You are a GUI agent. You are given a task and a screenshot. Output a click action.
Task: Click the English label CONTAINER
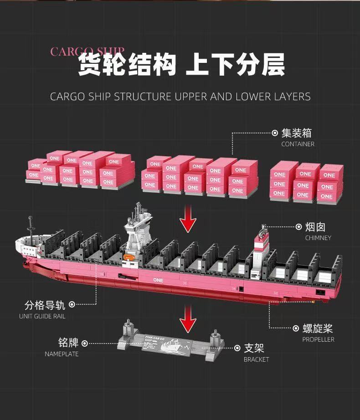(298, 144)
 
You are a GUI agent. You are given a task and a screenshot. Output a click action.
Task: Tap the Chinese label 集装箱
(297, 133)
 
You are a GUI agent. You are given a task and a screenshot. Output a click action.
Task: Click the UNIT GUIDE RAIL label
(42, 316)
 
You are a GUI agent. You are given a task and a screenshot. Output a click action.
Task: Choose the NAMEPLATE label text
(62, 354)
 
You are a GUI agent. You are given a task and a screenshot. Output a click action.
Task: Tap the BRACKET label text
(256, 359)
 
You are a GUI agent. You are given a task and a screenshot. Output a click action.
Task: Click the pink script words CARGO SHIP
(87, 51)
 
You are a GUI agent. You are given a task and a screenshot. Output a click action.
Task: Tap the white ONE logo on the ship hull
(158, 280)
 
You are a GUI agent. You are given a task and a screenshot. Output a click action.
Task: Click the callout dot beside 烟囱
(299, 226)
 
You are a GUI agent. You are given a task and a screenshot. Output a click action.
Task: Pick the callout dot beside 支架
(237, 348)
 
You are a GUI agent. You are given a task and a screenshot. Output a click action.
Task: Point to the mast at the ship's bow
(30, 225)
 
